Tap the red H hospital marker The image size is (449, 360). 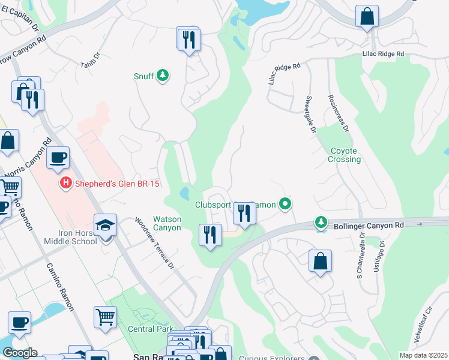point(65,184)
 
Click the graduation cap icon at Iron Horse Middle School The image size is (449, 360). point(106,226)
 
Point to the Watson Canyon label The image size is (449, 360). point(167,223)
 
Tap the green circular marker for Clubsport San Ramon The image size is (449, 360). point(286,205)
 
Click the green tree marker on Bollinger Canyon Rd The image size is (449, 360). point(322,223)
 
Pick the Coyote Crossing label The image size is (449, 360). point(345,155)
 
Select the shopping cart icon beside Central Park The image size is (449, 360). point(106,316)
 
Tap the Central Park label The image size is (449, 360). point(149,328)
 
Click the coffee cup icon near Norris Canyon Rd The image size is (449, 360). point(58,158)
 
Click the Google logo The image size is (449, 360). point(20,353)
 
